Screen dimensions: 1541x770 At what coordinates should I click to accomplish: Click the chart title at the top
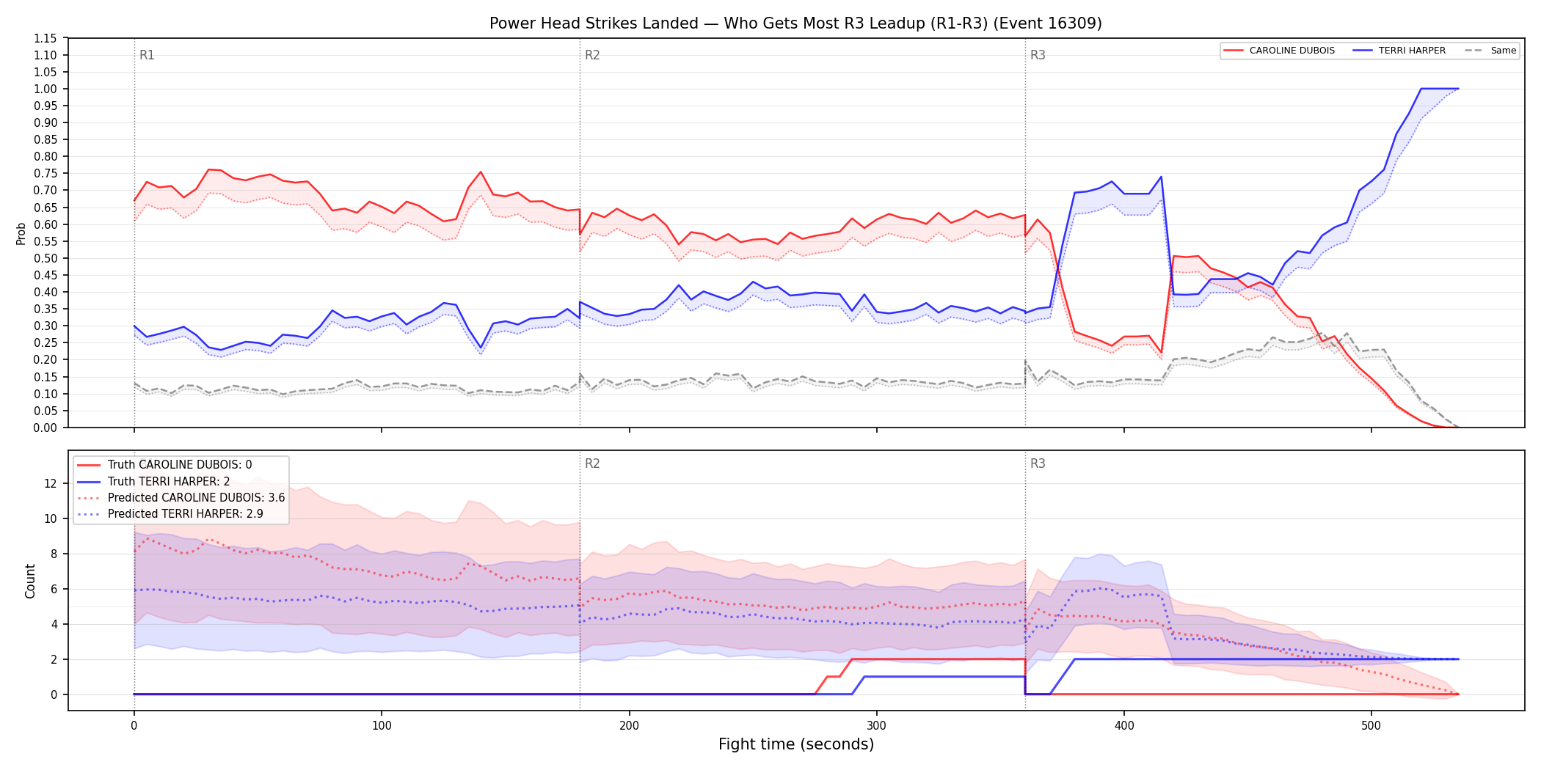click(x=795, y=23)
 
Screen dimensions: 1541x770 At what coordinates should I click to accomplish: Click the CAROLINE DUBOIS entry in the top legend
click(x=1292, y=51)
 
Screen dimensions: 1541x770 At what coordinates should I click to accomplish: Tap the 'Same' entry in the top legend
click(x=1503, y=51)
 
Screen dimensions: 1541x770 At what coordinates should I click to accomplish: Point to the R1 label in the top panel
click(x=147, y=55)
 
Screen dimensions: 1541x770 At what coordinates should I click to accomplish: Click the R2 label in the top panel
click(x=592, y=55)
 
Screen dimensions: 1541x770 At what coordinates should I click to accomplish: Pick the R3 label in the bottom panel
click(x=1038, y=463)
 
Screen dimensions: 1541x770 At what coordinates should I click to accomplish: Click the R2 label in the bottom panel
click(x=592, y=463)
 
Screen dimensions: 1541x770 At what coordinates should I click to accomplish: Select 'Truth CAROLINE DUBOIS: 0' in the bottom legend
click(x=180, y=465)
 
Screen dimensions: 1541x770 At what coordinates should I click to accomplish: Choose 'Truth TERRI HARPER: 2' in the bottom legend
click(x=169, y=482)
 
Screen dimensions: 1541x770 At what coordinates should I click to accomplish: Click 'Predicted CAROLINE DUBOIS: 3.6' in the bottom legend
click(x=196, y=498)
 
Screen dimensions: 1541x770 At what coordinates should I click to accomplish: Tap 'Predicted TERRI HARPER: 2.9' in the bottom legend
click(x=186, y=514)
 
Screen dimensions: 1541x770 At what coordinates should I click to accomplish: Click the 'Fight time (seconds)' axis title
click(x=796, y=744)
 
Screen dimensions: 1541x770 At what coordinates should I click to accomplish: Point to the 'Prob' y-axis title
click(x=21, y=233)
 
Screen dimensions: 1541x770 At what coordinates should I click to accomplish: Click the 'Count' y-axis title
click(x=30, y=581)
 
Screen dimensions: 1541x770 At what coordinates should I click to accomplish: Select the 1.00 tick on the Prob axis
click(x=45, y=89)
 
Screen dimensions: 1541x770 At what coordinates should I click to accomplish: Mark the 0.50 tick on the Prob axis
click(x=45, y=258)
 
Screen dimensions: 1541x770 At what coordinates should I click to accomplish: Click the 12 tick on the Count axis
click(x=51, y=483)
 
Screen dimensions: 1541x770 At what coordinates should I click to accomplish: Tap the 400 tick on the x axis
click(x=1124, y=726)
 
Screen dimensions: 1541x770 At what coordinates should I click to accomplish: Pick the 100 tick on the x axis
click(x=382, y=726)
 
